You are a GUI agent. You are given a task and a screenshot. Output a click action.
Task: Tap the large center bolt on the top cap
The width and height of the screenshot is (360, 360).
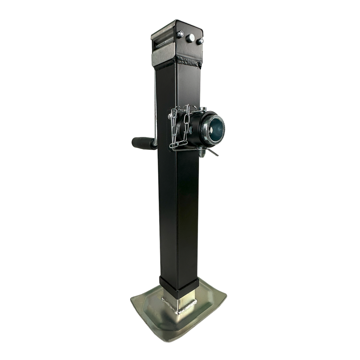(x=190, y=38)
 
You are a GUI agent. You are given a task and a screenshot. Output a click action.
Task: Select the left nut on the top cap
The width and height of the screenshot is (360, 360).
(x=180, y=34)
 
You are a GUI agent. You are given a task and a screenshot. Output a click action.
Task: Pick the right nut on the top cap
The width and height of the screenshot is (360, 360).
(x=200, y=41)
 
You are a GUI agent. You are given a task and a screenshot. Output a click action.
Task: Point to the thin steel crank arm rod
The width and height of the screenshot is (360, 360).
(x=155, y=105)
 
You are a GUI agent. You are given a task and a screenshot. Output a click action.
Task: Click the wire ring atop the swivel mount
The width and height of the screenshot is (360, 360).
(x=190, y=107)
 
